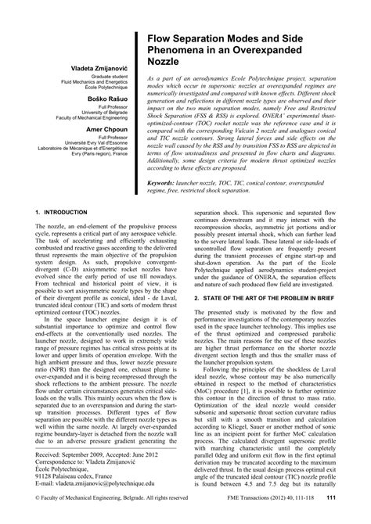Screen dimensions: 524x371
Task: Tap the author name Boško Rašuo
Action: pos(106,109)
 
